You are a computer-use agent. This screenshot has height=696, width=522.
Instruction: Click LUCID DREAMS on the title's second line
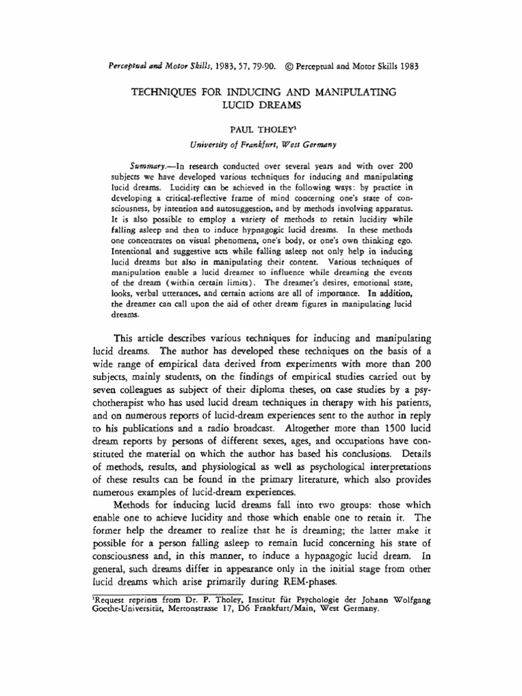(261, 105)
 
